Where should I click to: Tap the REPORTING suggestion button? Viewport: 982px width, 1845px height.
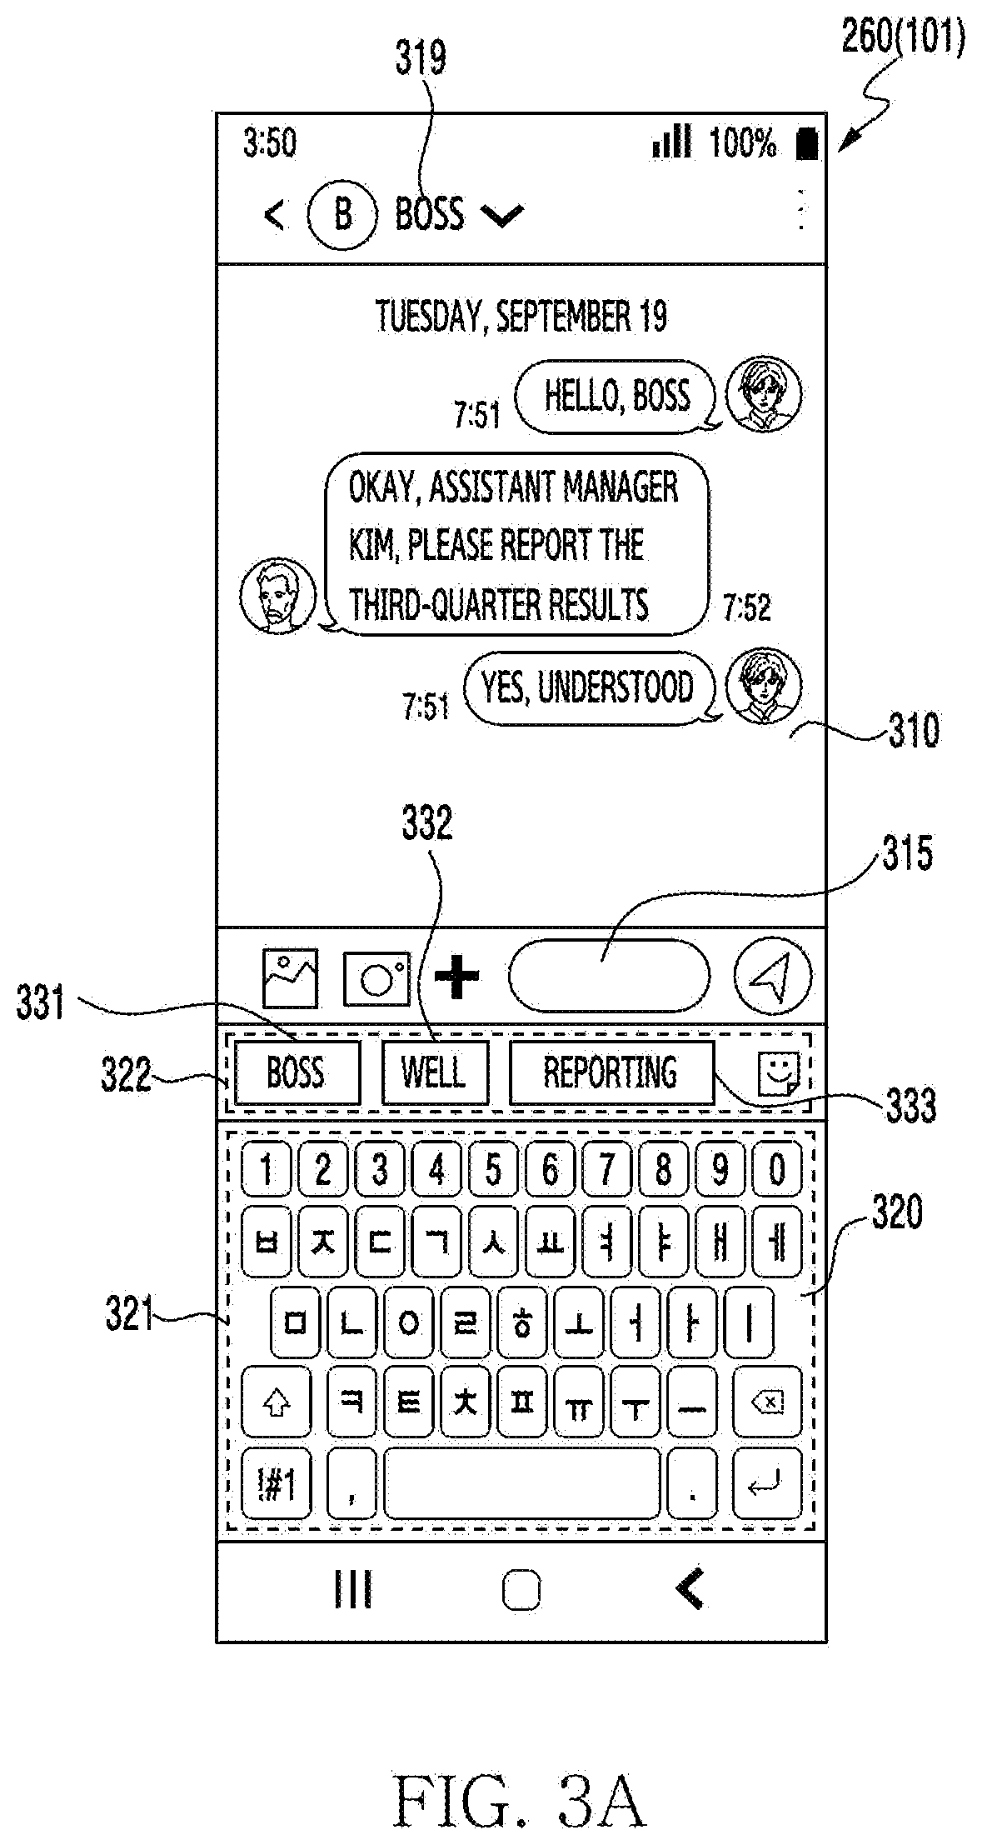click(611, 1072)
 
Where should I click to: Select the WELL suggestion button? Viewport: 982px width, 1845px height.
click(434, 1072)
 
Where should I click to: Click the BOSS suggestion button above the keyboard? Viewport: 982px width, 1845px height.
click(297, 1072)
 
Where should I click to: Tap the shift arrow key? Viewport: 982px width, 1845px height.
click(276, 1404)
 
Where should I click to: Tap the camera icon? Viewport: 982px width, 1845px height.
click(376, 977)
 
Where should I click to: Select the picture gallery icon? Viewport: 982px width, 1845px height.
click(290, 977)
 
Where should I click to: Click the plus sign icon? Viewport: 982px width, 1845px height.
click(457, 977)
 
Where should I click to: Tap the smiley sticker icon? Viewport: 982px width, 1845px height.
click(778, 1073)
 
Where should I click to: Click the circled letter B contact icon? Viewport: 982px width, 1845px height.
click(342, 214)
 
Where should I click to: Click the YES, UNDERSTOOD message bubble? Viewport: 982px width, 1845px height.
click(588, 687)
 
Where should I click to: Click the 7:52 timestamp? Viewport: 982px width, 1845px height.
click(747, 607)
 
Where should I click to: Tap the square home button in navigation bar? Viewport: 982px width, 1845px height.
click(521, 1591)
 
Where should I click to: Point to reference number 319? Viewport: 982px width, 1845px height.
click(421, 59)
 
